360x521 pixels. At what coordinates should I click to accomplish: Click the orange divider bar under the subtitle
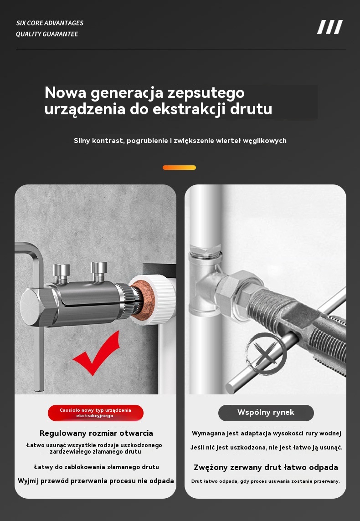[x=179, y=168]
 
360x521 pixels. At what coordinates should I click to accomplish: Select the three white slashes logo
[x=330, y=27]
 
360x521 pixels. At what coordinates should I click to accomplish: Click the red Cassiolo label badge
[x=96, y=413]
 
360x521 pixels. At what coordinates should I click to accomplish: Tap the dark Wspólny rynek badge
[x=266, y=413]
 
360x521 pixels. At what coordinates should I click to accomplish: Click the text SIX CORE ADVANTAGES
[x=50, y=23]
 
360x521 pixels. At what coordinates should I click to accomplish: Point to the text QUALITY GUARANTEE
[x=47, y=34]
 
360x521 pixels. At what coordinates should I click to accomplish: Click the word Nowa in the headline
[x=66, y=92]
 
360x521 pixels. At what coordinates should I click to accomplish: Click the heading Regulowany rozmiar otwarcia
[x=97, y=433]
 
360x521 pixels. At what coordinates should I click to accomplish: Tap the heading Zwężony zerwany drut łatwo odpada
[x=266, y=468]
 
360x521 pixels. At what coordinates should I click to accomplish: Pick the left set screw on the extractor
[x=61, y=273]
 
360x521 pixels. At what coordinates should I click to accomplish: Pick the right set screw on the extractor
[x=99, y=271]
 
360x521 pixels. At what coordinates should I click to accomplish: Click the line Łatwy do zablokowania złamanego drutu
[x=97, y=467]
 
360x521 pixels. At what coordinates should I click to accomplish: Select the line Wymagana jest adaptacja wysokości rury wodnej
[x=267, y=434]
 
